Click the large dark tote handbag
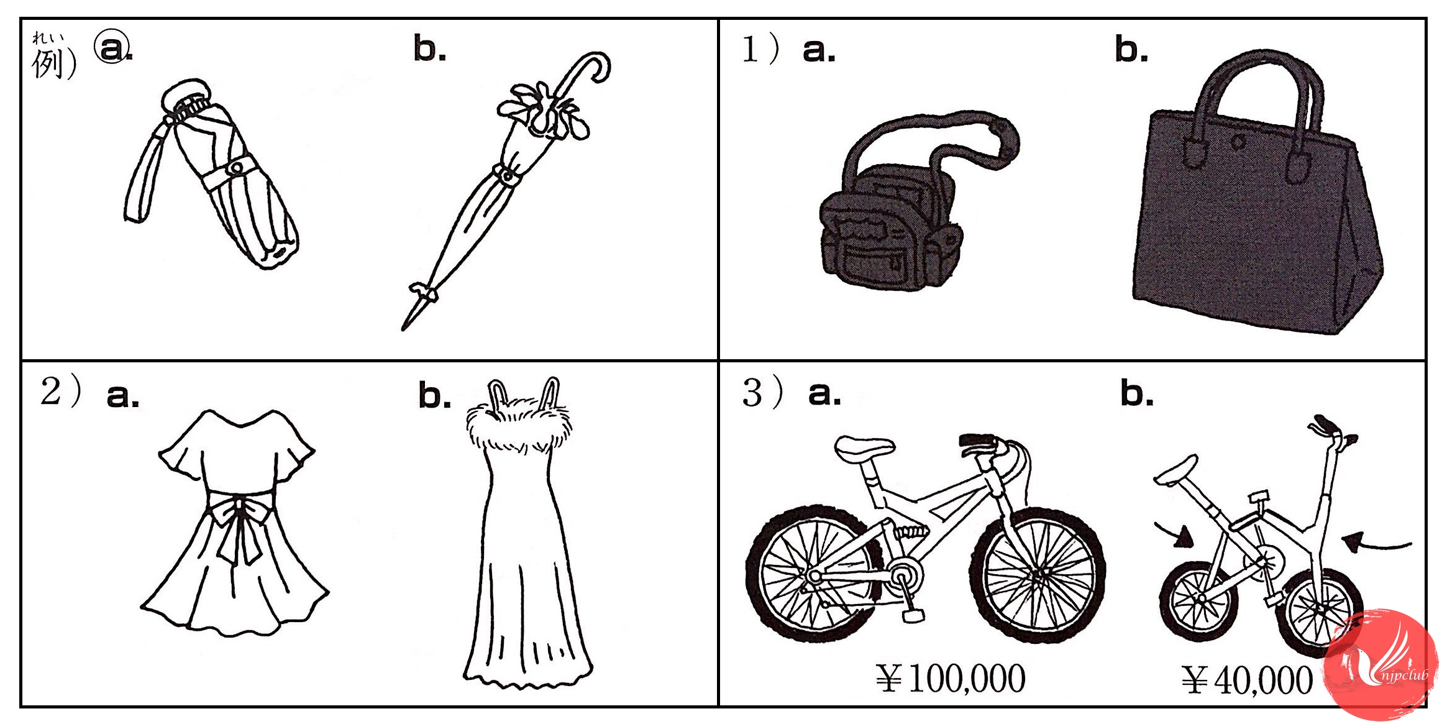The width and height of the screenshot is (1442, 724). tap(1255, 199)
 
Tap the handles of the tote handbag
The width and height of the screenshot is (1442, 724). tap(1255, 112)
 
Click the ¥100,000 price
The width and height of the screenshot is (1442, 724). tap(951, 678)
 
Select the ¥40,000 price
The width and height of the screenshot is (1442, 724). tap(1248, 680)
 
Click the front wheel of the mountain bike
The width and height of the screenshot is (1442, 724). tap(1038, 575)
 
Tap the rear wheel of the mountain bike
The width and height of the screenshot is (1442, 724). tap(814, 575)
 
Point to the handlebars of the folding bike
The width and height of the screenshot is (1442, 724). tap(1333, 432)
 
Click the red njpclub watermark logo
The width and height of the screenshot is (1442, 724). tap(1382, 665)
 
